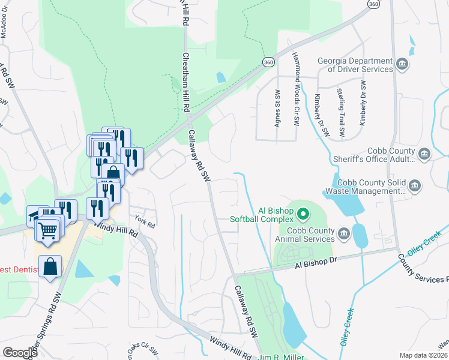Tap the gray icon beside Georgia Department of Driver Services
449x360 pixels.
tap(402, 64)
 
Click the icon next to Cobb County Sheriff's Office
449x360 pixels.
tap(424, 155)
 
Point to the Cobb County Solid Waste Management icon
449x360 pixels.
tap(415, 187)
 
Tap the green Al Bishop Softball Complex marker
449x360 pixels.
tap(303, 213)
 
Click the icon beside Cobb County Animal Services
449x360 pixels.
tap(344, 233)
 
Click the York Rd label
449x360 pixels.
tap(145, 221)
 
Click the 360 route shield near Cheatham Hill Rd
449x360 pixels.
tap(268, 62)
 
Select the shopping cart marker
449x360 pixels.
tap(49, 229)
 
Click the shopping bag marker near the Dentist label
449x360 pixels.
tap(50, 266)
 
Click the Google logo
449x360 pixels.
tap(20, 353)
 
